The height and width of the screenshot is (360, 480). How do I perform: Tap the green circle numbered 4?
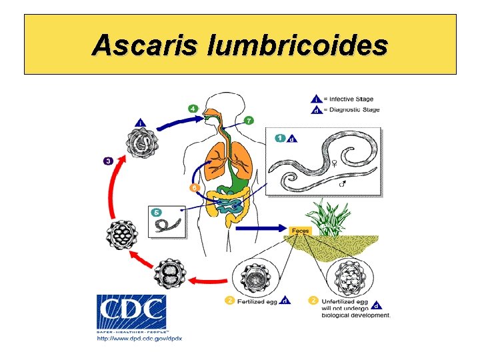[193, 108]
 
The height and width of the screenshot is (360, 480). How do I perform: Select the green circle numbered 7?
[249, 121]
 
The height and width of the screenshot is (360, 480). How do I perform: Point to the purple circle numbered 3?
[108, 161]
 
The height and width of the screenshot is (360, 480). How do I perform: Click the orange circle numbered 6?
[194, 188]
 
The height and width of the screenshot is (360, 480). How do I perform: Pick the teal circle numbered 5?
[157, 212]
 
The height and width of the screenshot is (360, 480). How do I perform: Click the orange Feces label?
[300, 230]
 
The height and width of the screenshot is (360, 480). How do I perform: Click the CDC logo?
[131, 311]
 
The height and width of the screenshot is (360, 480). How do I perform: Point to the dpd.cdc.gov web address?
[139, 337]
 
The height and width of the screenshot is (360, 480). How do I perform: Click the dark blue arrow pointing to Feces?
[263, 229]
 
